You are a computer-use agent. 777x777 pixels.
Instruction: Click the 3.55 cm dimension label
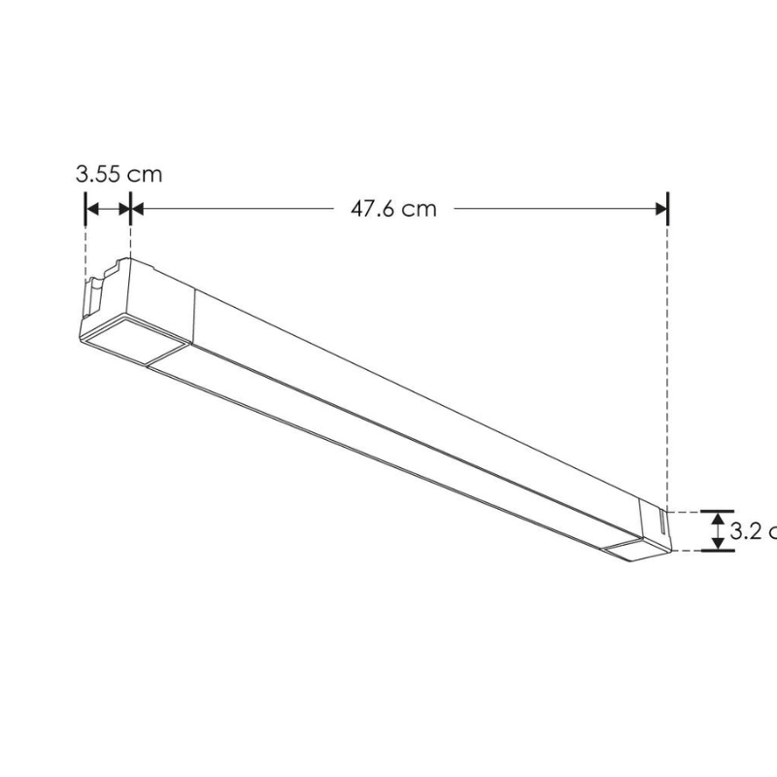(119, 175)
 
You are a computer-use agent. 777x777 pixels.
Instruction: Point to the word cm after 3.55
(144, 175)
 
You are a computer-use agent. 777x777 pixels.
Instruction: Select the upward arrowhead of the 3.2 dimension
(718, 520)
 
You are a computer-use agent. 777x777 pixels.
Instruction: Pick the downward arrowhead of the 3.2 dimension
(718, 542)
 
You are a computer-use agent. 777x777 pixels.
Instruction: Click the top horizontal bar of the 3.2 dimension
(718, 511)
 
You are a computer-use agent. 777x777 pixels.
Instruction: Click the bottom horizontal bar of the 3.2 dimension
(718, 551)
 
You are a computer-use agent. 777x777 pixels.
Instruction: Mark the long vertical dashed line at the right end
(668, 369)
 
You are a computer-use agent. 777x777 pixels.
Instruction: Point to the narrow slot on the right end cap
(659, 525)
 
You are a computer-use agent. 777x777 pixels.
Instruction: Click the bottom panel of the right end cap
(637, 550)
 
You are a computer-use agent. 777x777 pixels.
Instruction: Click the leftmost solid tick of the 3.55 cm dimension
(86, 208)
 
